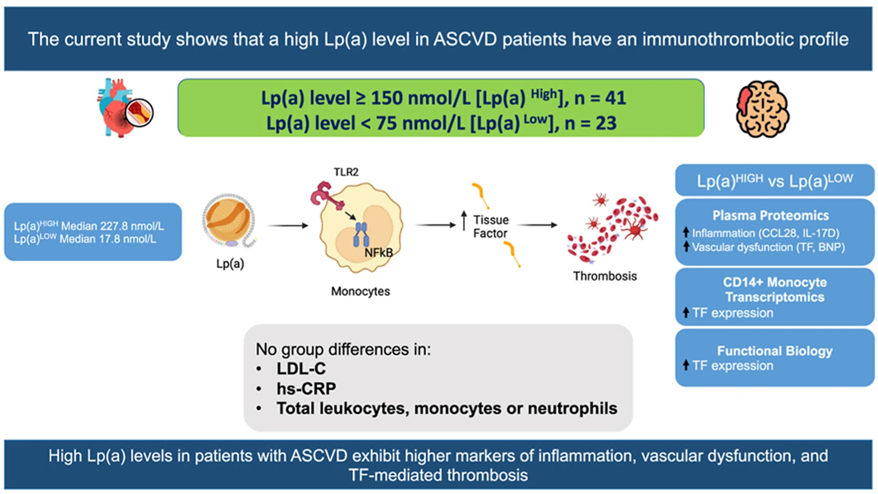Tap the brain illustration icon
click(762, 109)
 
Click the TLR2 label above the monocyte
click(346, 172)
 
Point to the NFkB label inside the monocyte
click(378, 252)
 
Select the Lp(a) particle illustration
click(230, 220)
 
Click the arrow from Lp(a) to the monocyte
click(288, 225)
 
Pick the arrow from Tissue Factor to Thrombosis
click(537, 225)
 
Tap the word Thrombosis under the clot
click(605, 276)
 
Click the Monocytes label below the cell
click(360, 291)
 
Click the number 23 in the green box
click(605, 123)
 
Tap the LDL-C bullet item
click(301, 368)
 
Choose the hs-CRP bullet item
click(306, 388)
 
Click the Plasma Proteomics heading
click(771, 215)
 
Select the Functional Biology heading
click(775, 351)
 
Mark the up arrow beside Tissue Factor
click(464, 220)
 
